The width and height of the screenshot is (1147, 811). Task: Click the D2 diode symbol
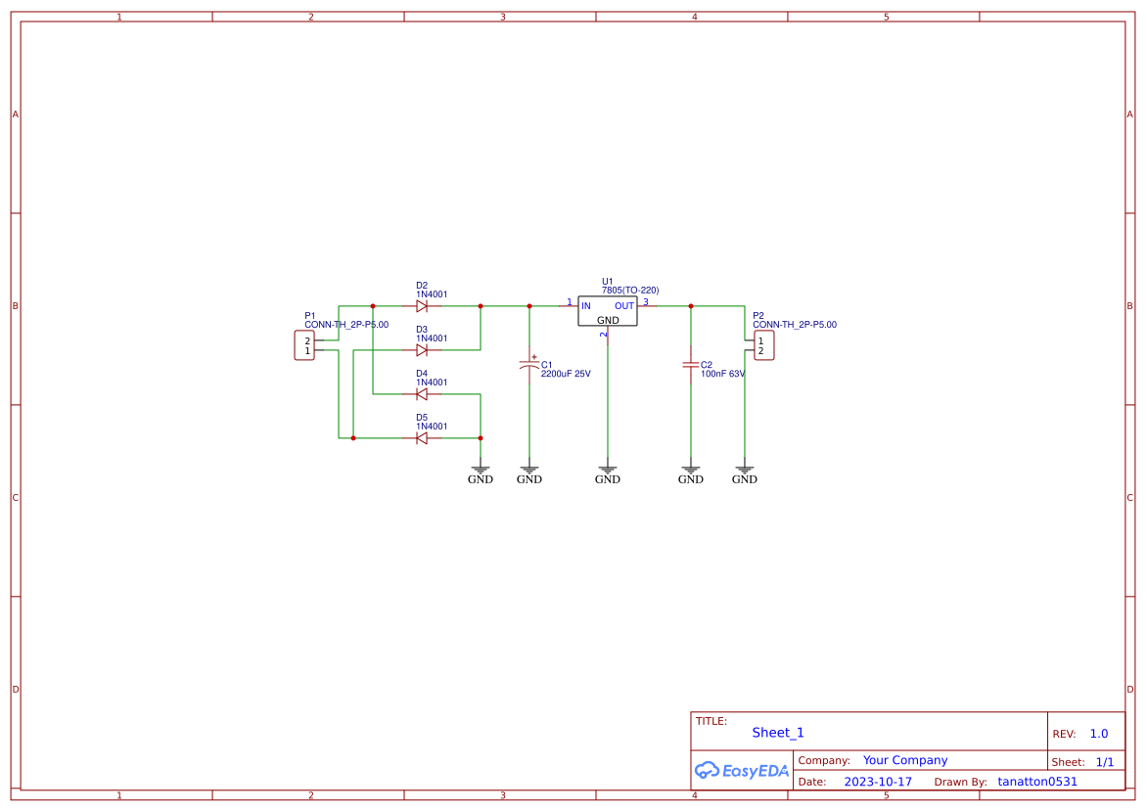point(422,306)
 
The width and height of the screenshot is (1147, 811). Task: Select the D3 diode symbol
point(422,350)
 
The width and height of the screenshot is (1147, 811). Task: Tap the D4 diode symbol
point(422,394)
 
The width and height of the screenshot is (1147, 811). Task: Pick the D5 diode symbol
point(422,438)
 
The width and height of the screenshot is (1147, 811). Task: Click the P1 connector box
point(304,345)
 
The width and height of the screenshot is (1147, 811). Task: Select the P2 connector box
point(763,345)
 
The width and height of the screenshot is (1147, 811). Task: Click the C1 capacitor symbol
point(529,365)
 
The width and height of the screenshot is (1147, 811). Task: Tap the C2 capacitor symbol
point(691,365)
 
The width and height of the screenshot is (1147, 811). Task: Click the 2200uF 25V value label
point(566,374)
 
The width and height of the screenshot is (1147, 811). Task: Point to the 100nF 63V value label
point(722,374)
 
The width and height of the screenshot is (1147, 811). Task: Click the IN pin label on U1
point(586,306)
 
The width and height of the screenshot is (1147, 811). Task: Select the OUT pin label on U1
point(624,306)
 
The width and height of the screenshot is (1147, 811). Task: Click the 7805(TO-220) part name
point(630,291)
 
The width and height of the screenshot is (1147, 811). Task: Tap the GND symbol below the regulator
point(608,475)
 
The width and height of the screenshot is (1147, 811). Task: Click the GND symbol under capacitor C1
point(529,475)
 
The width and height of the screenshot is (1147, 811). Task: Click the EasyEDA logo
point(741,770)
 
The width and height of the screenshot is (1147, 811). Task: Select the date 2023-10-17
point(878,782)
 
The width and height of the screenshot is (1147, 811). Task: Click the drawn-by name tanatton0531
point(1037,782)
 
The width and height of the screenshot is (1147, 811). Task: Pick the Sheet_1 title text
point(778,733)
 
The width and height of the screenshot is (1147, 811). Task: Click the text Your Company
point(905,760)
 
